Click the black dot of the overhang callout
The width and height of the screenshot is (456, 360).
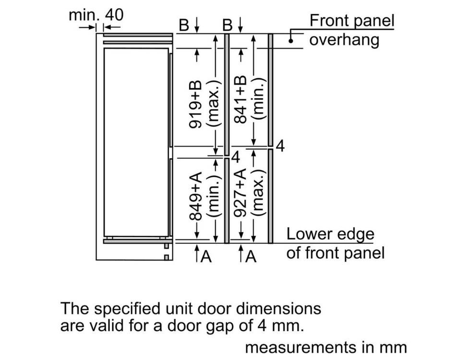click(x=291, y=41)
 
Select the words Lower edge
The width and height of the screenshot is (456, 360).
click(x=330, y=234)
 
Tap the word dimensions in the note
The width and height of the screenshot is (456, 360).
click(x=278, y=309)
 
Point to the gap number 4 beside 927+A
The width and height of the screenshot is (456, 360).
click(x=236, y=157)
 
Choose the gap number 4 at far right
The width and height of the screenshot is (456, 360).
click(x=280, y=146)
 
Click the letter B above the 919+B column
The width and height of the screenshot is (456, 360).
click(x=184, y=25)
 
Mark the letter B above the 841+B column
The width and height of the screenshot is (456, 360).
click(x=228, y=25)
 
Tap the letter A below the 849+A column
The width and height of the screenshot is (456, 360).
click(x=206, y=256)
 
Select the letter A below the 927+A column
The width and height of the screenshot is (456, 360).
click(x=251, y=256)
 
